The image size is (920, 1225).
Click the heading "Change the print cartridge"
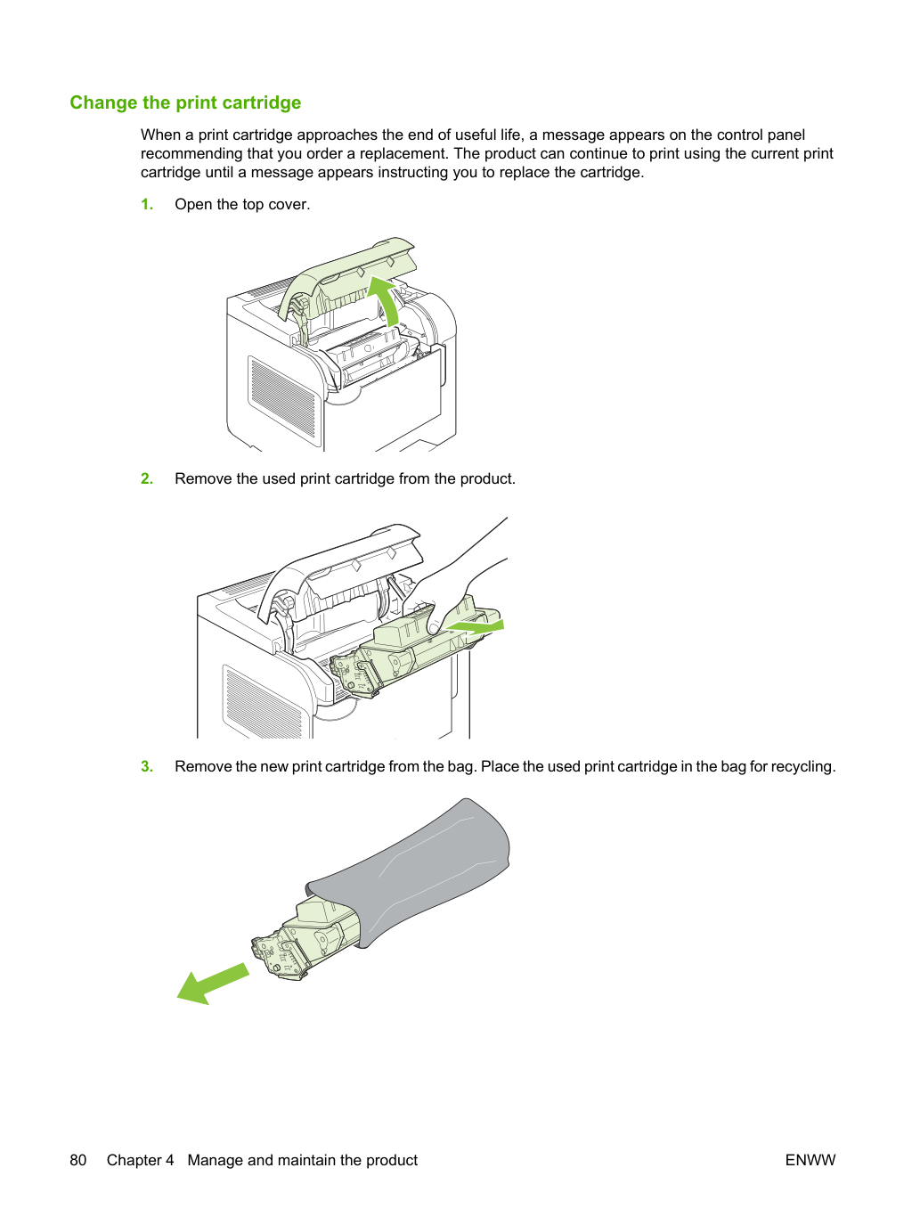pyautogui.click(x=185, y=102)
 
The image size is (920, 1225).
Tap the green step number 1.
pyautogui.click(x=147, y=204)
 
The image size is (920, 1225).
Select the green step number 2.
pyautogui.click(x=147, y=478)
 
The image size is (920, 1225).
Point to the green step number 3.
pyautogui.click(x=147, y=766)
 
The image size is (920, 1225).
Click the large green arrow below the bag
pyautogui.click(x=213, y=984)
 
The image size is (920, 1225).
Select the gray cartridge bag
pyautogui.click(x=408, y=871)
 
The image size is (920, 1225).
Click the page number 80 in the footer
pyautogui.click(x=78, y=1160)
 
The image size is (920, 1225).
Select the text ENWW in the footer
pyautogui.click(x=810, y=1160)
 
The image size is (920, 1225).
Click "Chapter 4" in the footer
pyautogui.click(x=140, y=1160)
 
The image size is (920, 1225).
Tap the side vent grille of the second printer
pyautogui.click(x=262, y=701)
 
